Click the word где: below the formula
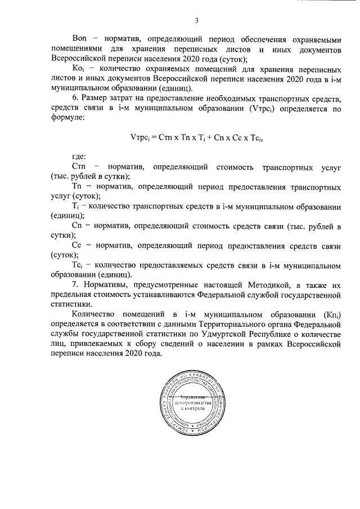coord(79,159)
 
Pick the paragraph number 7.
coord(75,285)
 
